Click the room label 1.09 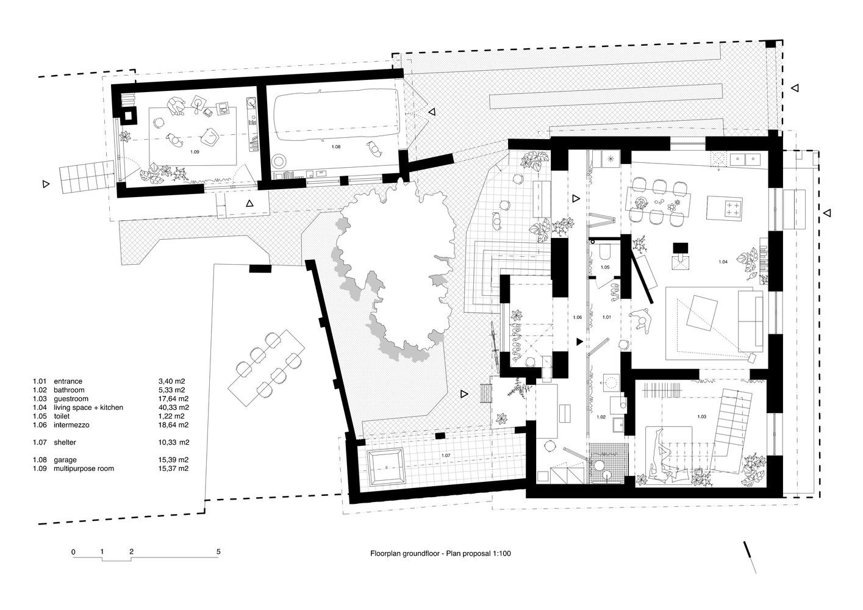tap(195, 152)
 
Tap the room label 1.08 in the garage tap(336, 147)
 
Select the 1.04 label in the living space tap(723, 262)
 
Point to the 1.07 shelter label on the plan tap(446, 456)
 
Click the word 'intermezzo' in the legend tap(71, 425)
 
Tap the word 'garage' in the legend tap(65, 460)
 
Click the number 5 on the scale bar tap(218, 551)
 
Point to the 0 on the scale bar tap(74, 552)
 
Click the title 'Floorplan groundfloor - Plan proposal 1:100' tap(440, 554)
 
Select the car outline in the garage tap(336, 116)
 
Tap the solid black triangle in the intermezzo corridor tap(579, 342)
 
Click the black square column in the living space tap(681, 248)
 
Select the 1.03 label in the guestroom tap(701, 417)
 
